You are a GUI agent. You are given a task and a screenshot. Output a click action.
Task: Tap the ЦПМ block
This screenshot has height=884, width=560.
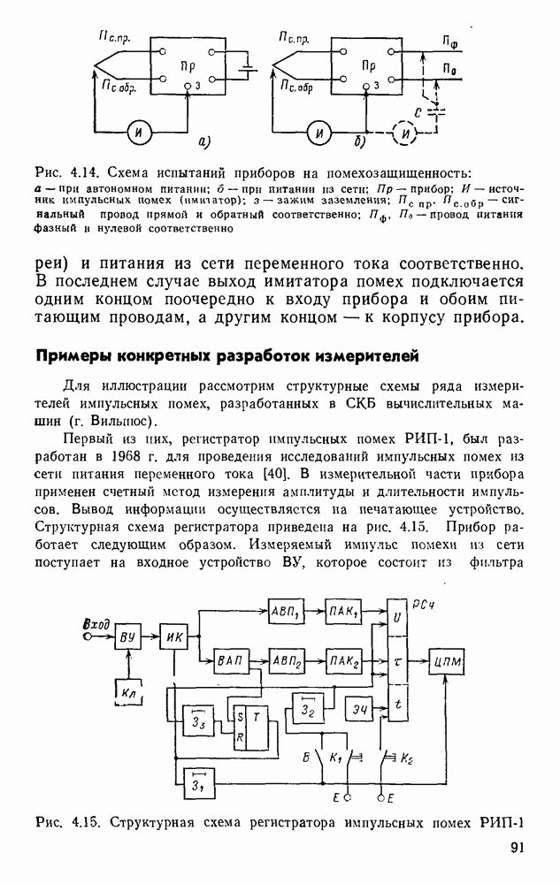coord(449,661)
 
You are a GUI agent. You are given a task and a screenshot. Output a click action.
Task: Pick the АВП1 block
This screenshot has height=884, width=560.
coord(284,613)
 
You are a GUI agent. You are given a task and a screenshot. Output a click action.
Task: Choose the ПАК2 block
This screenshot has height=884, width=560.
coord(343,660)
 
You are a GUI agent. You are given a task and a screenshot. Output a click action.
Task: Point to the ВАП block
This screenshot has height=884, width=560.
coord(228,660)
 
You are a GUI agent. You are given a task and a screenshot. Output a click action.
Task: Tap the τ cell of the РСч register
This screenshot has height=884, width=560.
coord(397,659)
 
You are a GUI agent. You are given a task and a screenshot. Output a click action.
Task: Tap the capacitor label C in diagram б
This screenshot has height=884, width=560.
coord(418,112)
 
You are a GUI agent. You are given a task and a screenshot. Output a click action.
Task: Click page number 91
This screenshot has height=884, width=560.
coord(518,849)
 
